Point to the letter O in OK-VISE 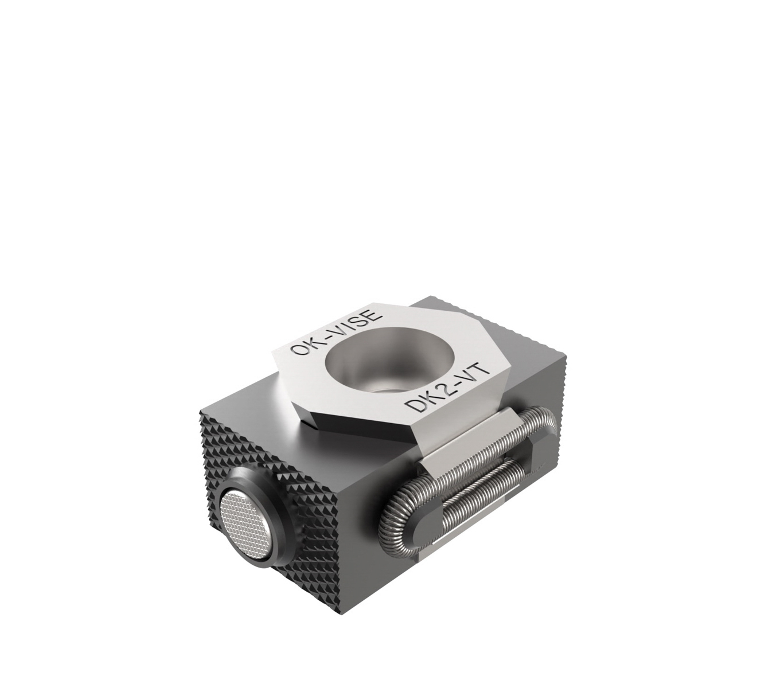click(x=299, y=350)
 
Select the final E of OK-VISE click(x=370, y=316)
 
